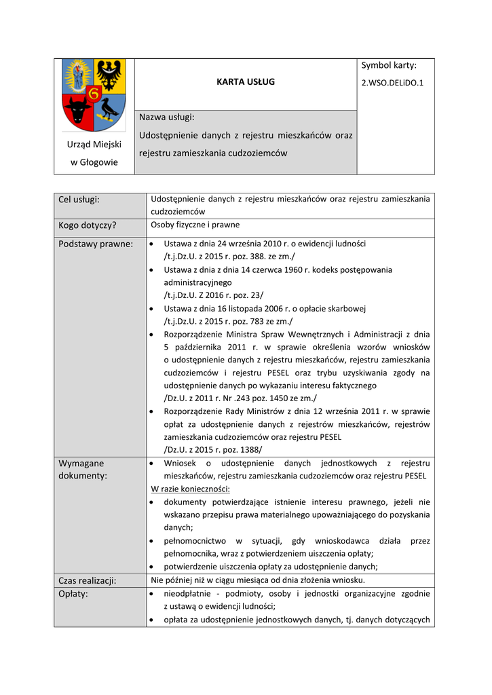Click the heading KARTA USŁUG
(x=245, y=82)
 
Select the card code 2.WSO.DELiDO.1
(x=392, y=83)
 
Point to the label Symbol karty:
(x=388, y=65)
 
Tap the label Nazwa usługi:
(x=166, y=117)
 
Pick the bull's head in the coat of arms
(x=77, y=109)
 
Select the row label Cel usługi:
(x=79, y=200)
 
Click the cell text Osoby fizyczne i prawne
(x=195, y=225)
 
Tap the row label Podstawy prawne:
(x=96, y=244)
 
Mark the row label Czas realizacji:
(x=88, y=580)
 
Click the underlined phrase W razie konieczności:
(x=190, y=489)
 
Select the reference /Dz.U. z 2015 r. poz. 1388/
(x=213, y=449)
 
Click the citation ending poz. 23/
(x=214, y=295)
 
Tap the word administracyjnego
(x=197, y=282)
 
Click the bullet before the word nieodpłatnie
(x=150, y=594)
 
